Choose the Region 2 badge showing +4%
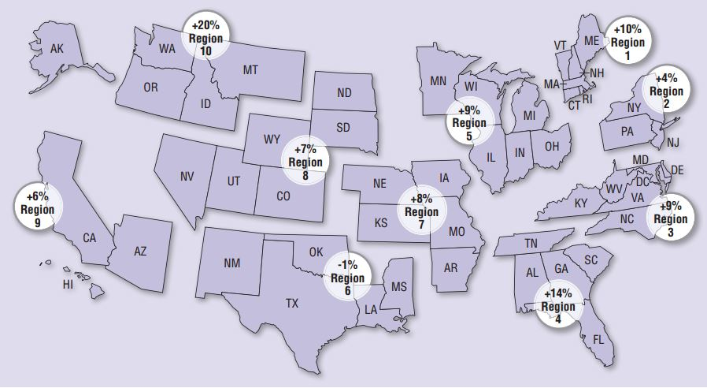coord(666,91)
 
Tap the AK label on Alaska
coord(57,49)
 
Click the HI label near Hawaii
coord(68,285)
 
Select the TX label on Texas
coord(292,302)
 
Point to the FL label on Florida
coord(599,340)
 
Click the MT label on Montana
coord(250,70)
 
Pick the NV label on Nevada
coord(187,177)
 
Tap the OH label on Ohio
coord(552,146)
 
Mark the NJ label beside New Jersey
coord(672,143)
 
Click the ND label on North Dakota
coord(344,93)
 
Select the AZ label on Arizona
coord(140,252)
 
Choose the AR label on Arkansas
coord(450,268)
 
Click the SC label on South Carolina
coord(591,260)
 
